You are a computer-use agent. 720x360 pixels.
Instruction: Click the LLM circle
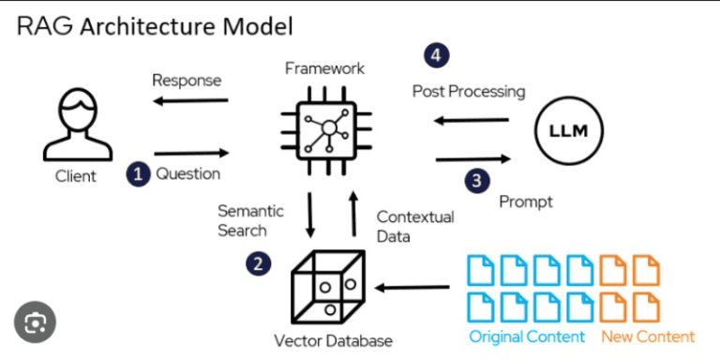pyautogui.click(x=569, y=130)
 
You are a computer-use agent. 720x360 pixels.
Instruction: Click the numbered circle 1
pyautogui.click(x=139, y=173)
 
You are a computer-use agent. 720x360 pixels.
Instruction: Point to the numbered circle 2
pyautogui.click(x=260, y=263)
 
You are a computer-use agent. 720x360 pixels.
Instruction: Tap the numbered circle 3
pyautogui.click(x=478, y=179)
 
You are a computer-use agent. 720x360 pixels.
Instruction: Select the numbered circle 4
pyautogui.click(x=433, y=54)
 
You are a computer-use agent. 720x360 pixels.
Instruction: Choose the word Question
pyautogui.click(x=188, y=173)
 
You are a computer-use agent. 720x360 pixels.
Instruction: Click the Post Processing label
pyautogui.click(x=469, y=92)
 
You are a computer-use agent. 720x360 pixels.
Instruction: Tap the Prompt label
pyautogui.click(x=525, y=201)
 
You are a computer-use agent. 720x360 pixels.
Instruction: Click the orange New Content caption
pyautogui.click(x=648, y=336)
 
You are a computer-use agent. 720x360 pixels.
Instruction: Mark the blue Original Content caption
pyautogui.click(x=527, y=336)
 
